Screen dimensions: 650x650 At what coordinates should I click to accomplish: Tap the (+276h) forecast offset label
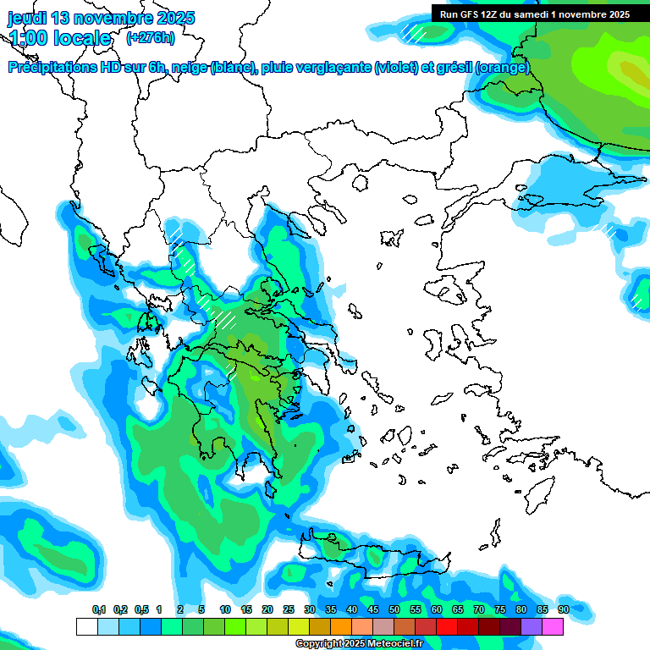(150, 37)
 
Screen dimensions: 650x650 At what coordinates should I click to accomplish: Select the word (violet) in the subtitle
(401, 68)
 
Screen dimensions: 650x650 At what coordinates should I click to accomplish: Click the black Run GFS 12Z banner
(534, 14)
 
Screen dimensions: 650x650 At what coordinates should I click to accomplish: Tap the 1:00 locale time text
(59, 38)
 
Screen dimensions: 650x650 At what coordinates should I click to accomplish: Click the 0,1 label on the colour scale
(98, 610)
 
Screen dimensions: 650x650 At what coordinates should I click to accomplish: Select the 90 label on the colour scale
(563, 610)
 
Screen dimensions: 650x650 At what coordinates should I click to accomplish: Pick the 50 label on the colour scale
(394, 610)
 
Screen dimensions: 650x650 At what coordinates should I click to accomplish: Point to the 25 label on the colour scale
(289, 610)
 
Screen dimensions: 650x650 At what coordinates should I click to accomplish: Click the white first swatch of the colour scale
(86, 626)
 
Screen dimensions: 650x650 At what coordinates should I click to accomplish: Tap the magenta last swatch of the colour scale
(553, 626)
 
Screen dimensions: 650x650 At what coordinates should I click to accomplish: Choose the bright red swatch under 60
(447, 626)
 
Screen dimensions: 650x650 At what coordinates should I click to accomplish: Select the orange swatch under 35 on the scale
(341, 626)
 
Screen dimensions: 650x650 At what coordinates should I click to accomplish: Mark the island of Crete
(372, 554)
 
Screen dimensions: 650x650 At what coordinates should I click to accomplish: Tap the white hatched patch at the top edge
(414, 32)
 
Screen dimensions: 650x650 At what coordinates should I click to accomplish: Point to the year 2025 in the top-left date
(175, 18)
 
